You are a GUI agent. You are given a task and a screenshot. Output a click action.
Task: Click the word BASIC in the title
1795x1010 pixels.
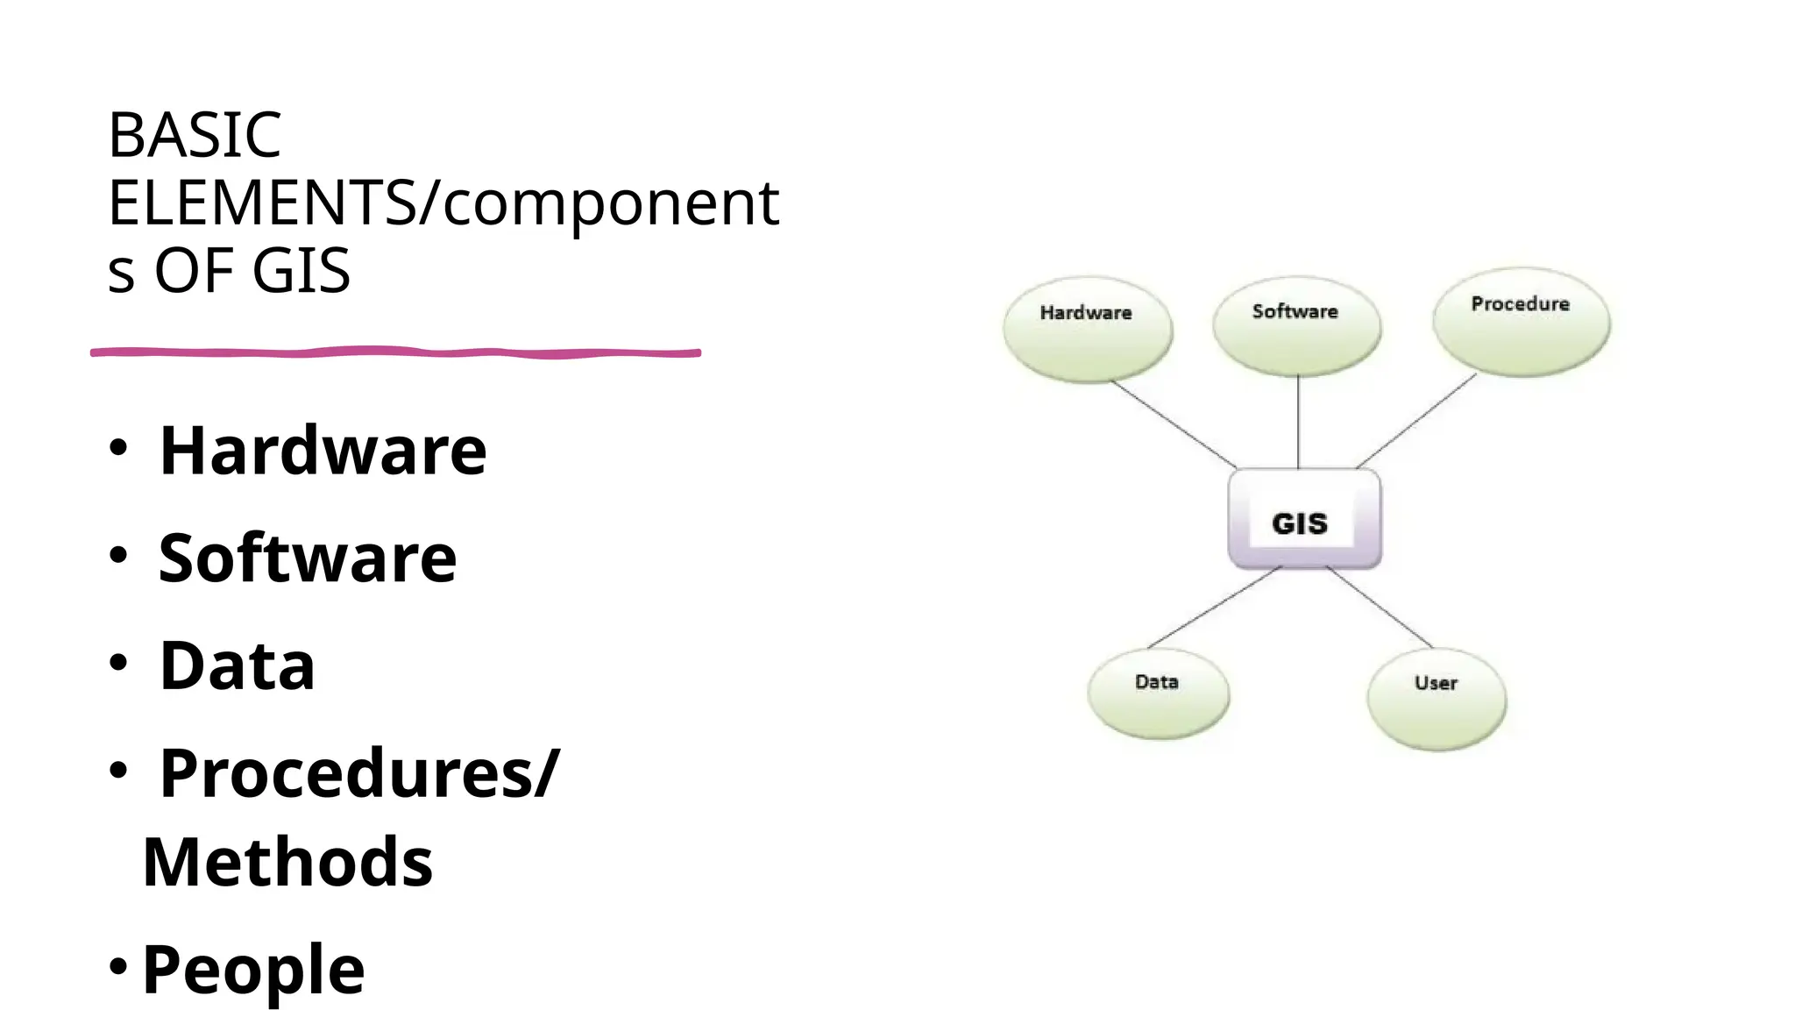point(194,136)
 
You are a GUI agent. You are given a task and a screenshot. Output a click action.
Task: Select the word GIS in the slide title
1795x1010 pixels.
point(301,271)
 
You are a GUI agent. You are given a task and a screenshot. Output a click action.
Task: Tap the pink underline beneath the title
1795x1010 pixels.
point(394,352)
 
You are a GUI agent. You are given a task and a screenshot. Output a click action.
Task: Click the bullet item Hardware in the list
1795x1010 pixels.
point(323,451)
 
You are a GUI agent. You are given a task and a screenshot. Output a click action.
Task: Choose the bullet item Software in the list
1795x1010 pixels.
point(308,558)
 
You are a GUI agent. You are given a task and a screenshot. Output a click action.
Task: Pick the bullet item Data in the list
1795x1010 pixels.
point(237,665)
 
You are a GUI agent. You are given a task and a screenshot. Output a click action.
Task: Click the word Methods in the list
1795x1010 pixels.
point(287,863)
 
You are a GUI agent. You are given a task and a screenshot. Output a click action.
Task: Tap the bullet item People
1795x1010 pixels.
point(253,970)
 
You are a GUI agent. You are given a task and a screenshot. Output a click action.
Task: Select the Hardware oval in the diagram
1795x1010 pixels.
point(1087,330)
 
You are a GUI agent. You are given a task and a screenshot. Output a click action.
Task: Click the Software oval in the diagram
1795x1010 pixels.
point(1296,326)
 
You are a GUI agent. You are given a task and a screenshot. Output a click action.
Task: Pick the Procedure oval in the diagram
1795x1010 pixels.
point(1521,322)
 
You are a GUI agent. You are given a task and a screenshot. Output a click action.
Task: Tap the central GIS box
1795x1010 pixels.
point(1303,520)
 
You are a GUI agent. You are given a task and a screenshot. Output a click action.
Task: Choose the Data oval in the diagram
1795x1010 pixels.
point(1158,693)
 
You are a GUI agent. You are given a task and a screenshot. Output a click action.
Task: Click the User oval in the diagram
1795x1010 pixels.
point(1436,699)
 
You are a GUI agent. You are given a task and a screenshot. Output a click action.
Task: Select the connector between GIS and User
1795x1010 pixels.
point(1380,607)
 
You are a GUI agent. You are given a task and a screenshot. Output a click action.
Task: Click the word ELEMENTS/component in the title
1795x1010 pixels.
point(443,203)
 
